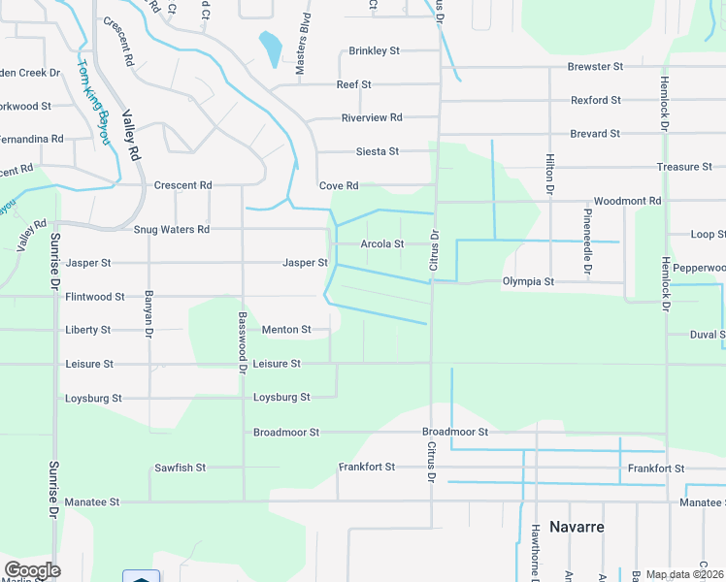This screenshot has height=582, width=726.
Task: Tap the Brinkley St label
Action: tap(375, 50)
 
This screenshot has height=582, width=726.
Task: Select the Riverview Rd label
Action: tap(372, 117)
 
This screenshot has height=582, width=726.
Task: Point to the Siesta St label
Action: tap(378, 151)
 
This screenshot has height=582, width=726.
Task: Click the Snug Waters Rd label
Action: tap(171, 230)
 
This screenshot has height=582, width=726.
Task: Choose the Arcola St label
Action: tap(381, 244)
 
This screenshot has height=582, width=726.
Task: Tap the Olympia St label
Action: tap(528, 282)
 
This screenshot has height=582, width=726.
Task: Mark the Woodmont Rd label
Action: tap(627, 201)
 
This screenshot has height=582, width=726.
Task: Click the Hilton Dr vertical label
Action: tap(549, 173)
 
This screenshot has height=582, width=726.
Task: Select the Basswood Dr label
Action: tap(240, 341)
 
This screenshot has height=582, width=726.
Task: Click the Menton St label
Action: tap(286, 330)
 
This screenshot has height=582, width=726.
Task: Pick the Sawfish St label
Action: tap(181, 468)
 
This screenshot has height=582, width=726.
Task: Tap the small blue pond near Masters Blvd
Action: tap(270, 46)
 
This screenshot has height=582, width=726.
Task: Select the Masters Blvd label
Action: tap(302, 42)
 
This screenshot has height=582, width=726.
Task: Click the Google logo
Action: tap(32, 570)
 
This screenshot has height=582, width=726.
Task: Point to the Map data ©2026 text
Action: tap(685, 574)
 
